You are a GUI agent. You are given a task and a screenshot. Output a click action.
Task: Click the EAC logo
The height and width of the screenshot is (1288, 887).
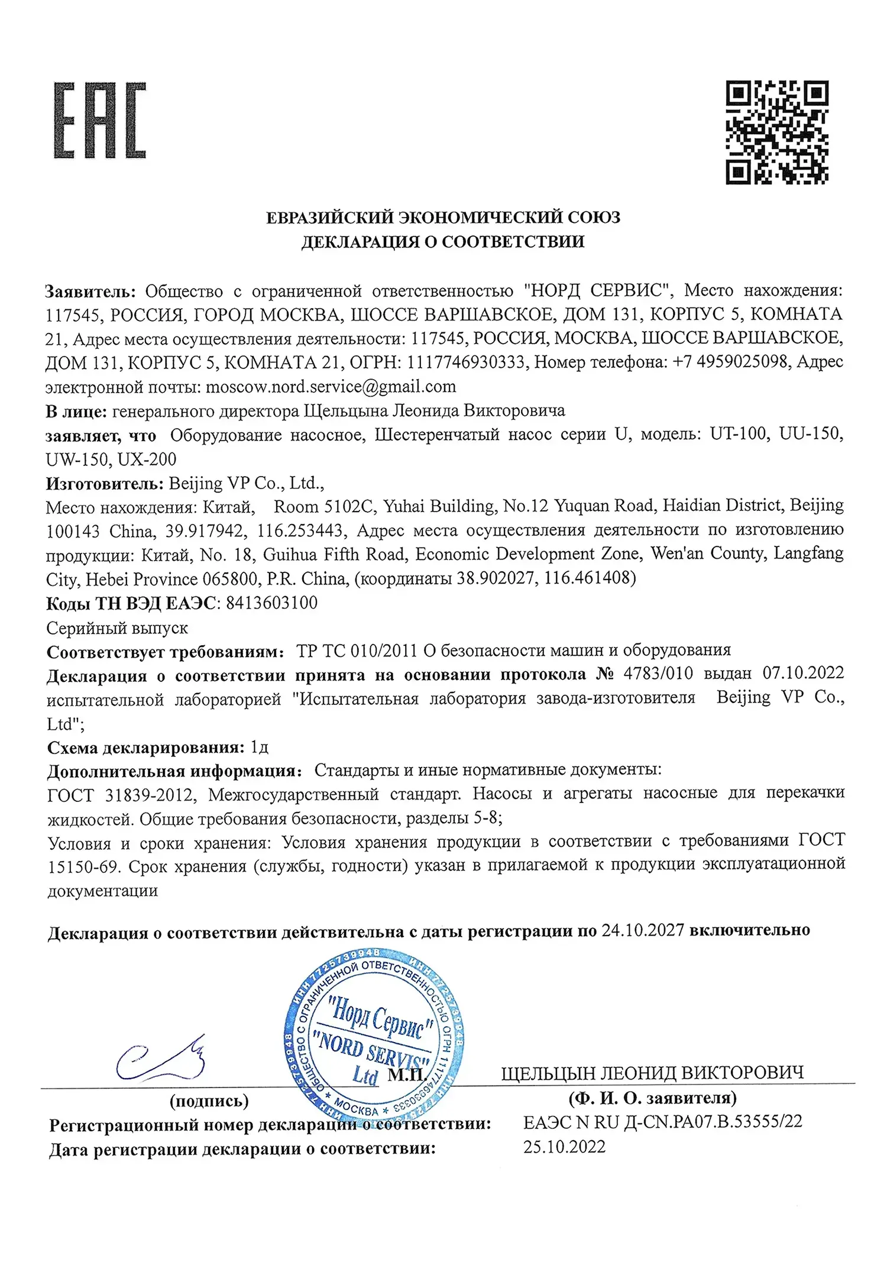tap(100, 121)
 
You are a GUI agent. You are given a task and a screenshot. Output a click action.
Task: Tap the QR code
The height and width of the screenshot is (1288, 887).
tap(777, 132)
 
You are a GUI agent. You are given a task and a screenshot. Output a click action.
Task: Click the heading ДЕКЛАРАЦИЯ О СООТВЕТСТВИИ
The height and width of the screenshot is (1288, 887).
tap(443, 242)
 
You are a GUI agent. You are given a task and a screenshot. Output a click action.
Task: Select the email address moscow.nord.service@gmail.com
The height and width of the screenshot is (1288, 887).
tap(331, 387)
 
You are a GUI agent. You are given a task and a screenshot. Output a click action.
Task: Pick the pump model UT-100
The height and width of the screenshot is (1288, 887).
tap(739, 434)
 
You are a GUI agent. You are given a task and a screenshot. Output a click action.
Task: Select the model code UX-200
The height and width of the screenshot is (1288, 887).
tap(147, 459)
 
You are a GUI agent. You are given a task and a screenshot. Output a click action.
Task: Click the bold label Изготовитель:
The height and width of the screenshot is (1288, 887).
tap(105, 483)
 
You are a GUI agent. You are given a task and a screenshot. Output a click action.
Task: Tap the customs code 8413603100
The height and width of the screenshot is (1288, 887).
tap(272, 603)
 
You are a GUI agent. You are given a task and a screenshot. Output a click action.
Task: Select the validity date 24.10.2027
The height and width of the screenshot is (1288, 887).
tap(643, 930)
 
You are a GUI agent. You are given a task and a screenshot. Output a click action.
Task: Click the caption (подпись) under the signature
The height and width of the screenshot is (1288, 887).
tap(209, 1101)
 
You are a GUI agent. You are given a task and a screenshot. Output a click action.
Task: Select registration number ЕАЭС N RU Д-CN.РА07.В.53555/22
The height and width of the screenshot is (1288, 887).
tap(663, 1122)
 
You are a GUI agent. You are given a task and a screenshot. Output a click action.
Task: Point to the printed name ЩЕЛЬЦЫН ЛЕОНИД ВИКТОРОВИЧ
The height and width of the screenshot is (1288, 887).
tap(652, 1073)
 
